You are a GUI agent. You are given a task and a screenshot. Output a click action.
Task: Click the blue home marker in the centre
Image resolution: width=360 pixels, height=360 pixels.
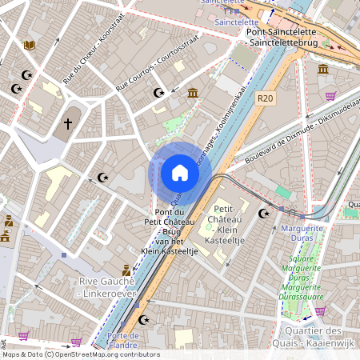tap(179, 173)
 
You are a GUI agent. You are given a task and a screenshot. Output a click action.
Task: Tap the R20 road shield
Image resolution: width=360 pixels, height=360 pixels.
tap(266, 98)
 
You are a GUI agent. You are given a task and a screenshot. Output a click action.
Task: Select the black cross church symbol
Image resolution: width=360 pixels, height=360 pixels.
tap(68, 124)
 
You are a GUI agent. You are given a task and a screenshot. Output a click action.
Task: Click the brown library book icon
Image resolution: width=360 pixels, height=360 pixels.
tap(30, 46)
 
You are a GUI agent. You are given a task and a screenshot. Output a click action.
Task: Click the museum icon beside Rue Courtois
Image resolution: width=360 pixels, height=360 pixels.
tap(193, 94)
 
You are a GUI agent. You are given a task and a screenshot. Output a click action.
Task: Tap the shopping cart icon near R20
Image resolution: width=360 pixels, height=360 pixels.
tap(329, 96)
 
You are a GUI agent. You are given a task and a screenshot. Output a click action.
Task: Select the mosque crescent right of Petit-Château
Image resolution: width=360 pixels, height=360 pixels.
tap(265, 214)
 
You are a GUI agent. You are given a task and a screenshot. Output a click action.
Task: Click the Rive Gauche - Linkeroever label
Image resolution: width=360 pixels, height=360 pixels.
tap(108, 287)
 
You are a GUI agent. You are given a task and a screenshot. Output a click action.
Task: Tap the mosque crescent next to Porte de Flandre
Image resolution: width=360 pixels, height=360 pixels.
tap(144, 320)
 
